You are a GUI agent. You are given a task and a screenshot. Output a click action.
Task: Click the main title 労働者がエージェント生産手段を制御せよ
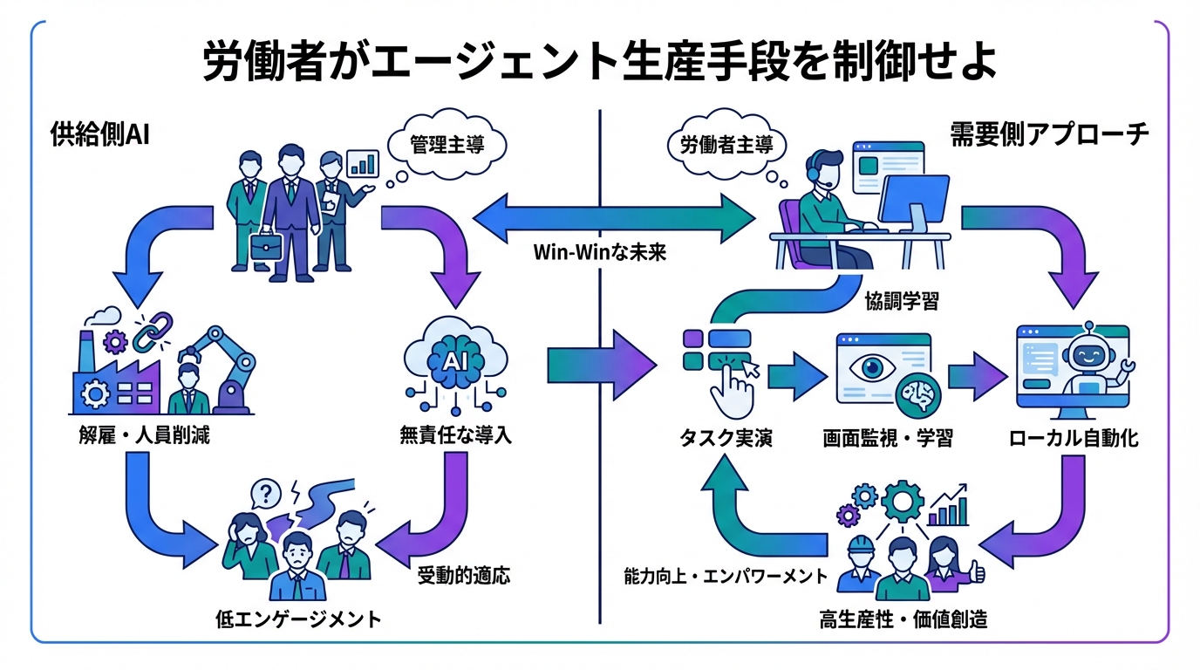pos(600,62)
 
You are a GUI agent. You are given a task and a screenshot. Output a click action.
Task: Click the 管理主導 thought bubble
pos(446,143)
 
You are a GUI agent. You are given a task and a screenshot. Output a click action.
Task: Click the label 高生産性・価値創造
pos(903,620)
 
